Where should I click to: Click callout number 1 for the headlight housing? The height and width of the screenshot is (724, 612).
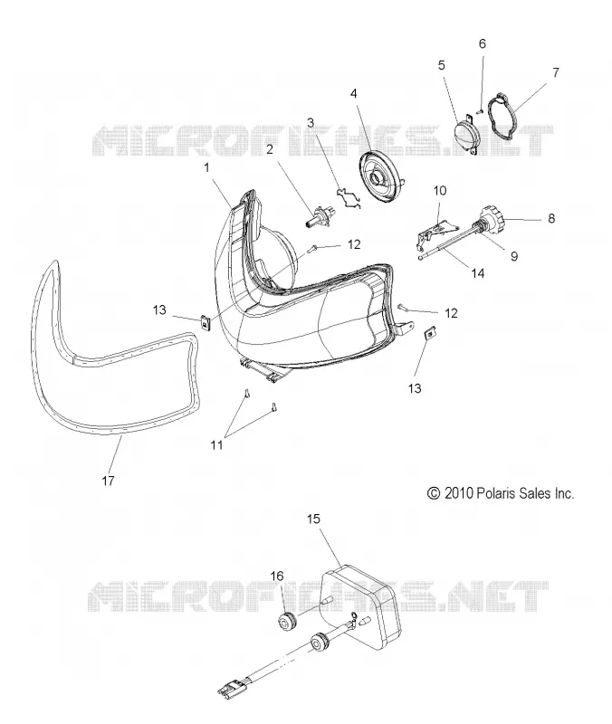pyautogui.click(x=206, y=167)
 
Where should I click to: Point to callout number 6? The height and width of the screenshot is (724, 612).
pyautogui.click(x=483, y=43)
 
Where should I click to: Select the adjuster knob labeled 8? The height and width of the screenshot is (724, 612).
pyautogui.click(x=492, y=219)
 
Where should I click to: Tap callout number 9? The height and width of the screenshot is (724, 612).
pyautogui.click(x=514, y=256)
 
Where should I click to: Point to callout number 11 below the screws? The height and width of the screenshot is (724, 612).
pyautogui.click(x=216, y=445)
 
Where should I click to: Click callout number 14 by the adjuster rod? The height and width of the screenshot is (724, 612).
pyautogui.click(x=478, y=273)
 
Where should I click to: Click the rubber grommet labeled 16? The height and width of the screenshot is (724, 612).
pyautogui.click(x=289, y=621)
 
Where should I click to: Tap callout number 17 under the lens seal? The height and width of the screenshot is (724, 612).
pyautogui.click(x=108, y=481)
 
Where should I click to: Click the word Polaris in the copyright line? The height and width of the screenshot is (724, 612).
pyautogui.click(x=497, y=493)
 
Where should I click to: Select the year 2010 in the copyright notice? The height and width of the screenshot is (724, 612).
pyautogui.click(x=459, y=493)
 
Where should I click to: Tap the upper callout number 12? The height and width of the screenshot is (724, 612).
pyautogui.click(x=354, y=244)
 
